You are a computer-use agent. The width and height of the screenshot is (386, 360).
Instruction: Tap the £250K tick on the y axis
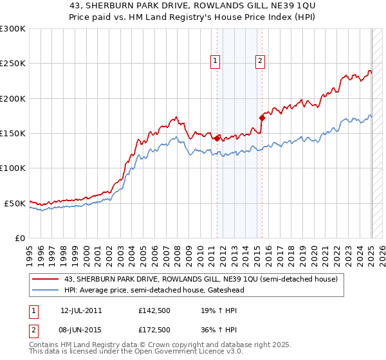[x=13, y=64]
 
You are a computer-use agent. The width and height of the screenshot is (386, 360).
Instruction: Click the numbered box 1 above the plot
[x=215, y=61]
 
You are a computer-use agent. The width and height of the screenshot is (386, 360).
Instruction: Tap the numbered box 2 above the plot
[x=260, y=61]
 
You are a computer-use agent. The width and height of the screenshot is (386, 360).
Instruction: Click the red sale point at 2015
[x=262, y=118]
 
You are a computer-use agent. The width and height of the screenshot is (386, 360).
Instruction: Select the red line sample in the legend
[x=46, y=279]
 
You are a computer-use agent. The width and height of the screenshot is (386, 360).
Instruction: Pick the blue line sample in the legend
[x=46, y=290]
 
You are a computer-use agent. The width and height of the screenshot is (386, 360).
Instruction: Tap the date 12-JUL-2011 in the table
[x=81, y=310]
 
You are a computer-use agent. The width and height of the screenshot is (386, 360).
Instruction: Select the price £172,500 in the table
[x=154, y=330]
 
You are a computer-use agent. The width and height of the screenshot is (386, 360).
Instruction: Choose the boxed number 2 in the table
[x=32, y=330]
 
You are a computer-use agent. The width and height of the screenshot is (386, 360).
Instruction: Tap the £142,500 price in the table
[x=154, y=310]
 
